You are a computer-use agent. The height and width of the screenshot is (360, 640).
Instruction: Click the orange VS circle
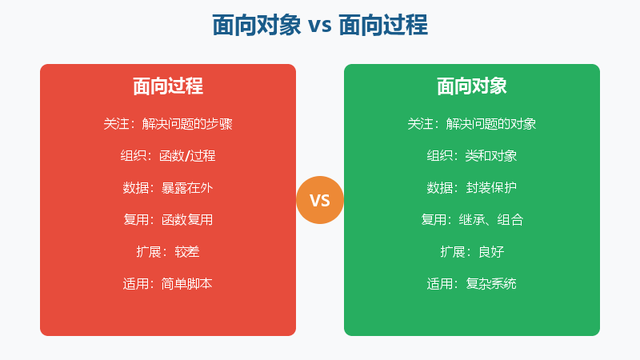click(320, 200)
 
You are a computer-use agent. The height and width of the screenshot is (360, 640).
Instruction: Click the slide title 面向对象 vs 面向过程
click(320, 25)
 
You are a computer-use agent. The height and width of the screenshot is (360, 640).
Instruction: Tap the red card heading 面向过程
click(168, 87)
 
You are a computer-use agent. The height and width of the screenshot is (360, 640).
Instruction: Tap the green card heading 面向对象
click(472, 87)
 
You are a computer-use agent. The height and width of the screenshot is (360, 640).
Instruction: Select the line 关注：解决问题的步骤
click(168, 124)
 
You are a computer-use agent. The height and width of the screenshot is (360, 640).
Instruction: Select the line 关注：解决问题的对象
click(472, 124)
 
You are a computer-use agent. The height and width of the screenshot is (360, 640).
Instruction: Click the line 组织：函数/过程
click(168, 156)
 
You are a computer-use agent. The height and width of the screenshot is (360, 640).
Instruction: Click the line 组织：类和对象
click(472, 156)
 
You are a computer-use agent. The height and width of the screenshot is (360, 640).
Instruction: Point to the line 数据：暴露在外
click(168, 188)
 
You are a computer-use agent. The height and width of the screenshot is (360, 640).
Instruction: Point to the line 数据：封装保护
click(472, 188)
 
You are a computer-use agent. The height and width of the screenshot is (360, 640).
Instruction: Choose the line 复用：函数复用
click(168, 220)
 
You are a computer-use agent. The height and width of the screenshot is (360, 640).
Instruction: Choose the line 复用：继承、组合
click(472, 220)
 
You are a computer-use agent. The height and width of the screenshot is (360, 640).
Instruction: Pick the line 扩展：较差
click(168, 252)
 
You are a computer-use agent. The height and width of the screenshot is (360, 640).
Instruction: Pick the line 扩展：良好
click(472, 252)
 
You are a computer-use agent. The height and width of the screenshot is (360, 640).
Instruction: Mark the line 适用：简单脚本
click(168, 284)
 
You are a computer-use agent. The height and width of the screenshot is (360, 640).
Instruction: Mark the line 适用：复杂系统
click(472, 284)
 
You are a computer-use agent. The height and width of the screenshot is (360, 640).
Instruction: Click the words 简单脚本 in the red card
click(187, 284)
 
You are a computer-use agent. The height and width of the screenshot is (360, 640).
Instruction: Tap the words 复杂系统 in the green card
click(491, 284)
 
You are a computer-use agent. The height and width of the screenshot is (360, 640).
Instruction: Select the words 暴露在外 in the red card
click(187, 188)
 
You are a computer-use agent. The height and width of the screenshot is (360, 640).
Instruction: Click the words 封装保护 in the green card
click(491, 188)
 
